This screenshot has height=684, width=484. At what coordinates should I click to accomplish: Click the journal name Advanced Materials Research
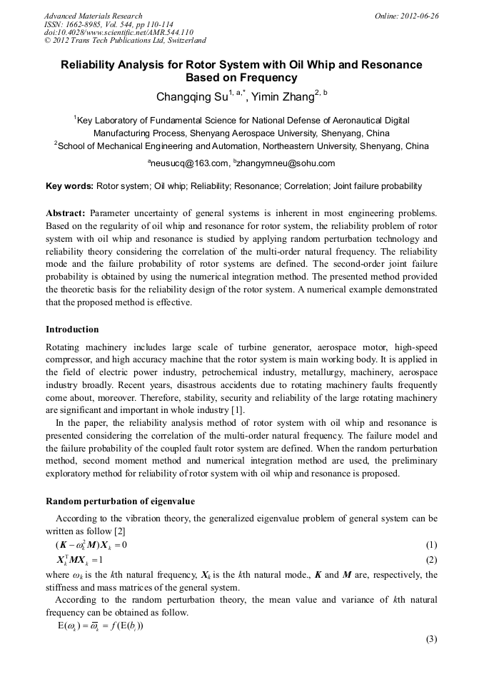tap(94, 16)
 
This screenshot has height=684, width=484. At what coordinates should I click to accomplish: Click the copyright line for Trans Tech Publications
tap(125, 41)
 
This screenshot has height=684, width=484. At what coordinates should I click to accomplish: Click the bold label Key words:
tap(69, 186)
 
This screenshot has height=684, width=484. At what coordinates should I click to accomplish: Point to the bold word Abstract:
tap(66, 213)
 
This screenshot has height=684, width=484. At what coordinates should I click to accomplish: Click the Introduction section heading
tap(72, 330)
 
